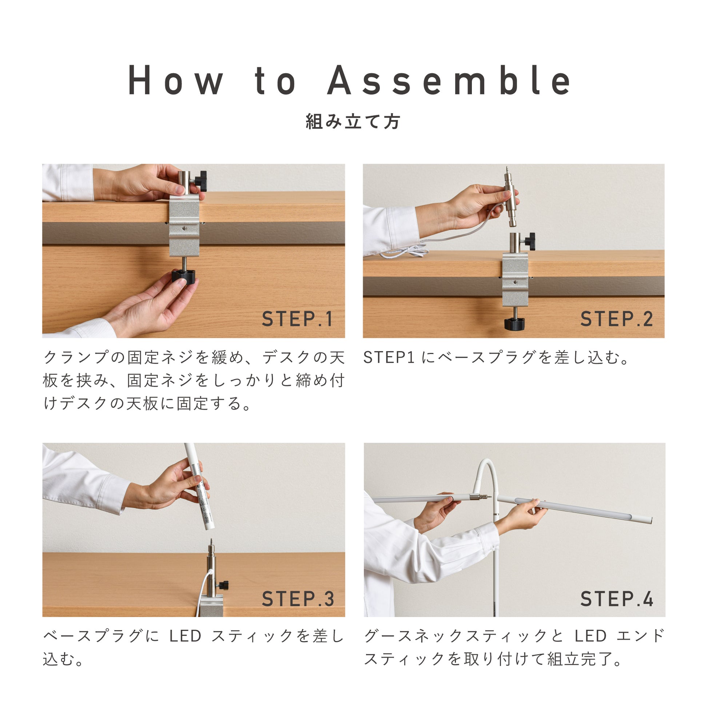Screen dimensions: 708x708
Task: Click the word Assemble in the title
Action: click(x=449, y=80)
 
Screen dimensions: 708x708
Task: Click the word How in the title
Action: click(x=175, y=80)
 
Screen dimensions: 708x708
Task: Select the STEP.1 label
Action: click(x=297, y=319)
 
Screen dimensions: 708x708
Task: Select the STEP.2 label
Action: click(x=617, y=319)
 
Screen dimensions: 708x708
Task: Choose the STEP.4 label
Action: click(x=617, y=599)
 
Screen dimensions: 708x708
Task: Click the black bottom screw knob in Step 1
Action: click(x=183, y=277)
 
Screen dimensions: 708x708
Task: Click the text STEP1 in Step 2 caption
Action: click(x=389, y=358)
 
